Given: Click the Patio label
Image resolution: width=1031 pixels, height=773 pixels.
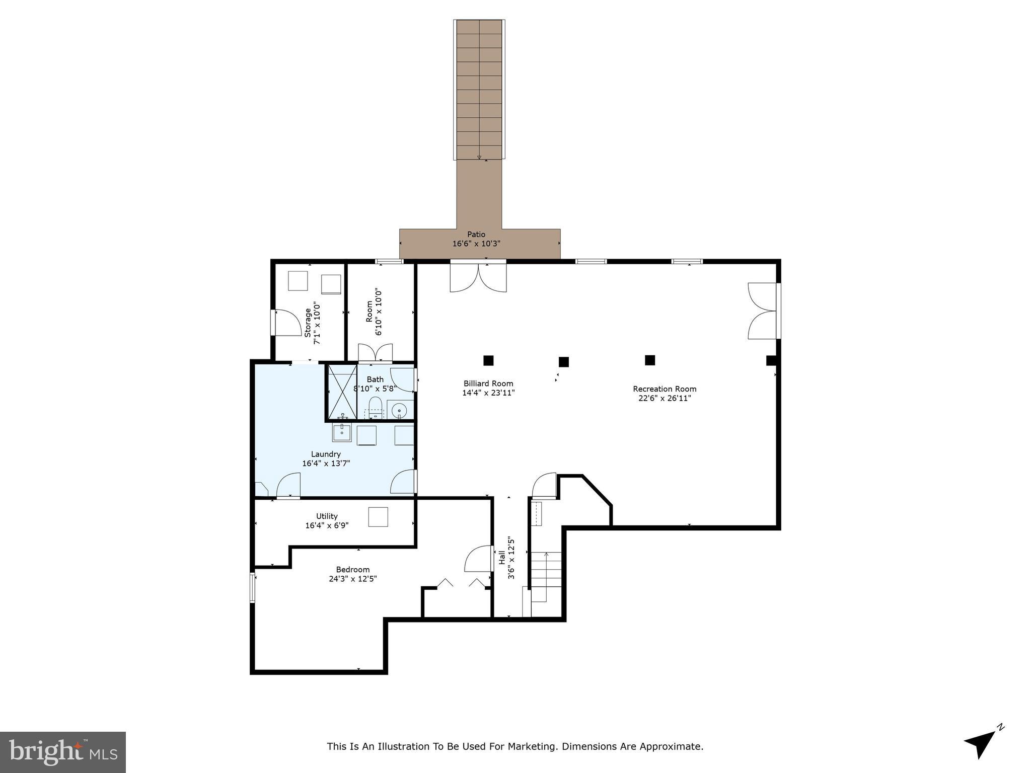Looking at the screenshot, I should click(x=476, y=234).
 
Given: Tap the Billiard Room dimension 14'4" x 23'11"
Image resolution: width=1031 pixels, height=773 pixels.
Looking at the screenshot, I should click(x=488, y=393).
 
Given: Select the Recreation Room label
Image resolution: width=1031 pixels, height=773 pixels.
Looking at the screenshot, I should click(x=664, y=389).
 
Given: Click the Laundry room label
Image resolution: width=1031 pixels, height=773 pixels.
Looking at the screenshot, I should click(x=326, y=454).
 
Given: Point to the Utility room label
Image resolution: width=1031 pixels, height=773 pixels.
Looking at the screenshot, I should click(x=327, y=516).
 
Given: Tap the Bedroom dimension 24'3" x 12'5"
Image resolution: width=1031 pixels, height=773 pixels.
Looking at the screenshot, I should click(x=352, y=579).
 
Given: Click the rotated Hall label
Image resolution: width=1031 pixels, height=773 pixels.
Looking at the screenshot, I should click(x=502, y=557).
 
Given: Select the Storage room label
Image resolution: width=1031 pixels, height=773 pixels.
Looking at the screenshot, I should click(x=308, y=322).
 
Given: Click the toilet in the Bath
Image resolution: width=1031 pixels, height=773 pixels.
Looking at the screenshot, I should click(x=375, y=406).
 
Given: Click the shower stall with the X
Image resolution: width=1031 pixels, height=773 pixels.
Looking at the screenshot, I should click(x=342, y=392).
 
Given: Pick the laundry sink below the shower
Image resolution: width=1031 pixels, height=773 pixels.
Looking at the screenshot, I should click(x=342, y=431).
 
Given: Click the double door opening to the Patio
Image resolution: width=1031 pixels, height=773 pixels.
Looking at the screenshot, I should click(x=478, y=278).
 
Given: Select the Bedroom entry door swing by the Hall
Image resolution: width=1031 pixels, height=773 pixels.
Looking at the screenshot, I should click(x=478, y=559).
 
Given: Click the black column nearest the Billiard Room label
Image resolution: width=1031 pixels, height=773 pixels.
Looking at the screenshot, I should click(x=488, y=360).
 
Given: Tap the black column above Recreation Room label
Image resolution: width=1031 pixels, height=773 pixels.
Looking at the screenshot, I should click(x=649, y=360).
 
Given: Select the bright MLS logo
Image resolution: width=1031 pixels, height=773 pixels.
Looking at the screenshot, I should click(x=63, y=752).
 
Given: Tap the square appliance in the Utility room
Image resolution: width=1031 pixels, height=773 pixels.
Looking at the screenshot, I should click(x=378, y=517).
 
